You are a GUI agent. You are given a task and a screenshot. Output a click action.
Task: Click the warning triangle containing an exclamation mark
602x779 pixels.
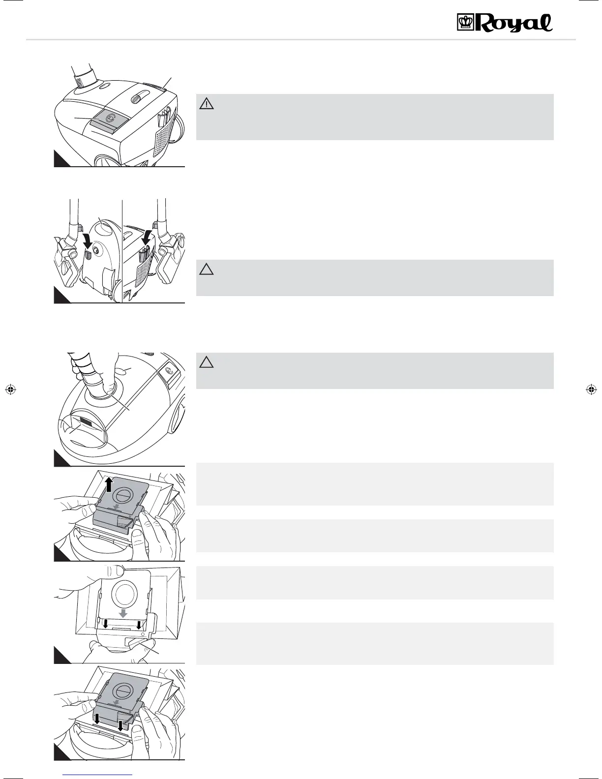pyautogui.click(x=207, y=104)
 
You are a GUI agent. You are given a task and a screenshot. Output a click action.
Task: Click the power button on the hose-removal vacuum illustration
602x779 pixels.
pyautogui.click(x=169, y=371)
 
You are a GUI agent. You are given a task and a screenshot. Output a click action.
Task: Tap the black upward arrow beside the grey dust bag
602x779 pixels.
pyautogui.click(x=110, y=484)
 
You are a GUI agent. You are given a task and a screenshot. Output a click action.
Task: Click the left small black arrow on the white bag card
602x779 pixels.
pyautogui.click(x=105, y=624)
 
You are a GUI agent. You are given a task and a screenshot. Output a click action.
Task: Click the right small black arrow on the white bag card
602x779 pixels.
pyautogui.click(x=139, y=624)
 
